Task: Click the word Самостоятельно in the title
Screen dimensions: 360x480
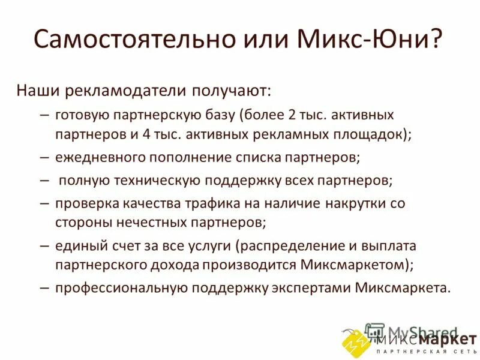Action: pos(124,40)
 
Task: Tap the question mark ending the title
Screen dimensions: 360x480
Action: pos(437,40)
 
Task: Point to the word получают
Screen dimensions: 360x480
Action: pos(230,91)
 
